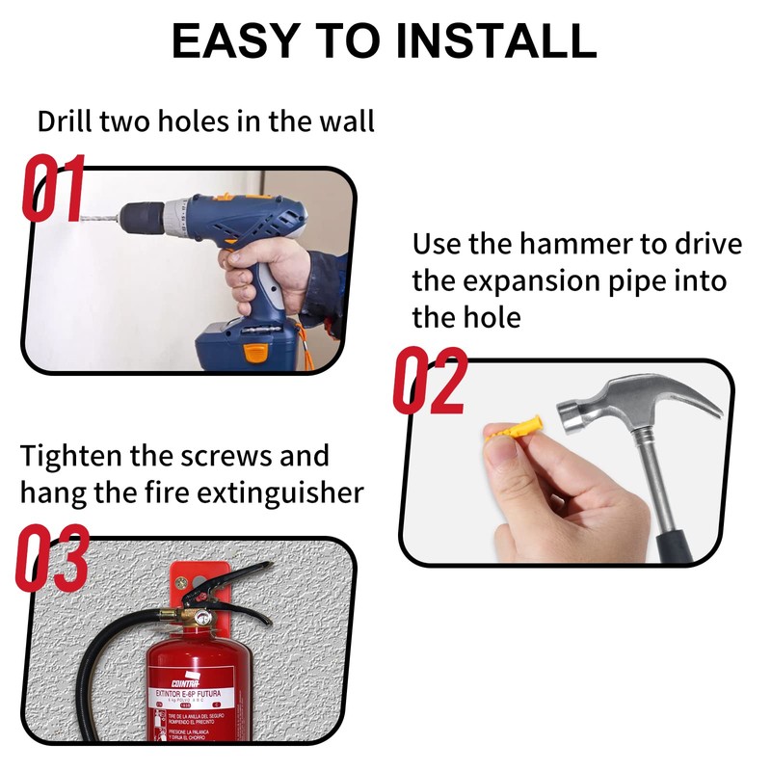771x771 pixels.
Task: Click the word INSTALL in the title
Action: coord(496,40)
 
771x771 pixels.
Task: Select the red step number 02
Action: coord(429,382)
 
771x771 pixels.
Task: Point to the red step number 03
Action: coord(53,559)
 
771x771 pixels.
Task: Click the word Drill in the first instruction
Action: coord(64,122)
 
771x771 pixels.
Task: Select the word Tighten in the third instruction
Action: coord(72,455)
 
